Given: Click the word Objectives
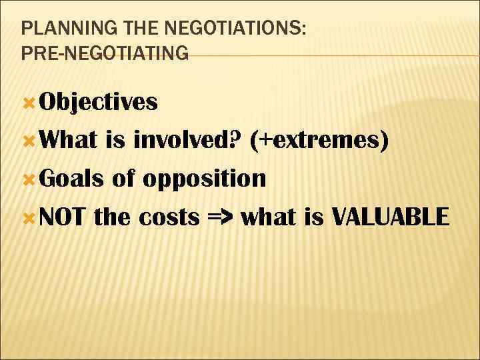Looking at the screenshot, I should click(99, 102).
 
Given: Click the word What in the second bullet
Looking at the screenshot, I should click(69, 141).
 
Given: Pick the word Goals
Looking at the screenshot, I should click(71, 179).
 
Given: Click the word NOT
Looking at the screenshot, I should click(64, 217).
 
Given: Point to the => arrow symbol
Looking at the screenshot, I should click(220, 217).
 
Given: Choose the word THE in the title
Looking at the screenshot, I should click(125, 30).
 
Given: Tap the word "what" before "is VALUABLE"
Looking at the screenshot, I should click(269, 217).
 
